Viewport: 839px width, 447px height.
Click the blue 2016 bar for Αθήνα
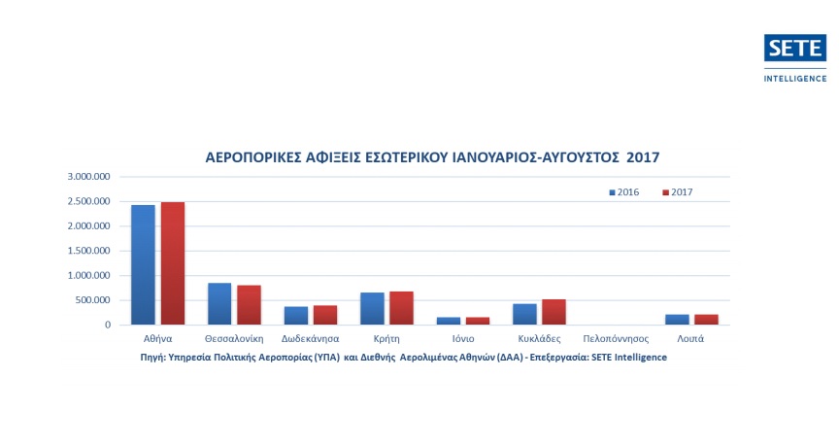coord(143,264)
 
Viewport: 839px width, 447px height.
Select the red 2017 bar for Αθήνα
coord(173,263)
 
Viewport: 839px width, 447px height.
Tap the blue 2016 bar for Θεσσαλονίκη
coord(219,303)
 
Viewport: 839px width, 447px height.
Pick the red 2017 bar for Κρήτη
coord(402,308)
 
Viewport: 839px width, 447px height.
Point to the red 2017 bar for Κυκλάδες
coord(554,312)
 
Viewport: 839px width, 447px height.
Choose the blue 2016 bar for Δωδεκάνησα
coord(295,316)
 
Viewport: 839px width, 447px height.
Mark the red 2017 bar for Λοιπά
coord(706,320)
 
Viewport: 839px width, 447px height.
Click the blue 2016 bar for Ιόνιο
coord(448,321)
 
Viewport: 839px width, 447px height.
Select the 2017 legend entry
coord(678,192)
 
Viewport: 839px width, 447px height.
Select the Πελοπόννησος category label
coord(615,339)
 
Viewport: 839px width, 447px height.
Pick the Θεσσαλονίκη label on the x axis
coord(234,339)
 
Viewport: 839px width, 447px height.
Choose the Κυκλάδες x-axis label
coord(539,339)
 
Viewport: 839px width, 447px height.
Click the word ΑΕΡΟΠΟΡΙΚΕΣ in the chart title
coord(250,155)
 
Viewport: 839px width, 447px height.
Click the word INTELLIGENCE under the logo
coord(795,77)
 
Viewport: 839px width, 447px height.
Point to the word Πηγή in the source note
coord(153,357)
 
